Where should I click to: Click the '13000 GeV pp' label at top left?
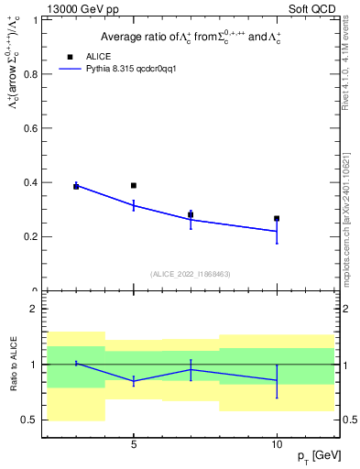point(77,8)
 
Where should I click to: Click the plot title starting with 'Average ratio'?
point(191,37)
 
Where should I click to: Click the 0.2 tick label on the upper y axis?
point(34,236)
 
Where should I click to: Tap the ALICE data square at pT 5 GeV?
point(134,186)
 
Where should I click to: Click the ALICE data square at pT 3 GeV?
point(76,187)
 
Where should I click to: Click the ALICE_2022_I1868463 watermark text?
point(191,274)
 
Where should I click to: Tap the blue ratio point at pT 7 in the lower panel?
point(191,369)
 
